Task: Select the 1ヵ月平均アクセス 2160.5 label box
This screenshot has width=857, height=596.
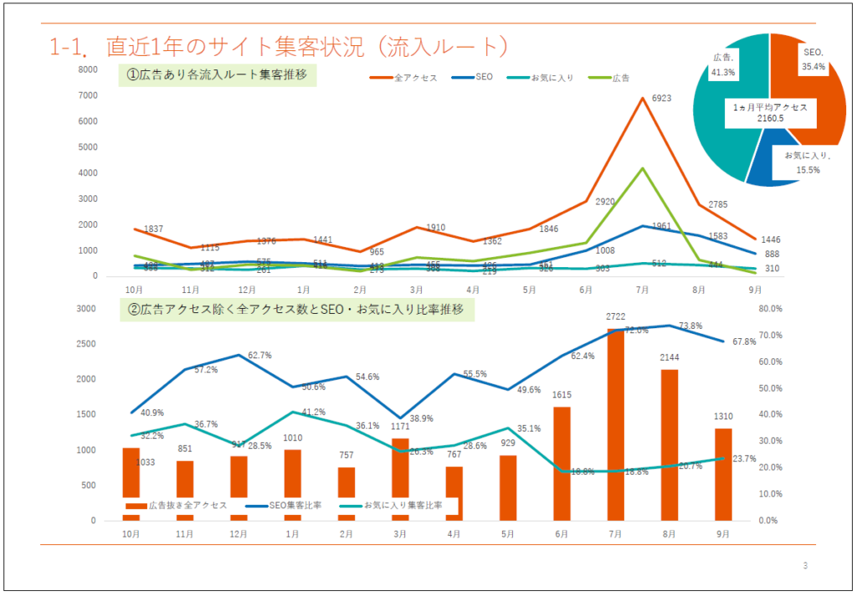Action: click(x=769, y=112)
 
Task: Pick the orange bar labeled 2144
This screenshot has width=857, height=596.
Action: click(x=670, y=444)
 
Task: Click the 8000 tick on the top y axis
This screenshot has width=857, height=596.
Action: click(x=88, y=70)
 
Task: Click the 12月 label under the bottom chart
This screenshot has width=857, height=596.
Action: click(x=239, y=534)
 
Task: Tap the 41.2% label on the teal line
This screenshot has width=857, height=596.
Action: click(x=313, y=412)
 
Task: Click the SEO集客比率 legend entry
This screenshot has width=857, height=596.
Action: click(x=293, y=506)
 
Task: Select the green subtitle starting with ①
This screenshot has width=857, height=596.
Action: click(x=217, y=76)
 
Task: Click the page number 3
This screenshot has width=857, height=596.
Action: click(x=805, y=567)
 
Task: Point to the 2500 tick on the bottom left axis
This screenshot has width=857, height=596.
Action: click(x=87, y=344)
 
